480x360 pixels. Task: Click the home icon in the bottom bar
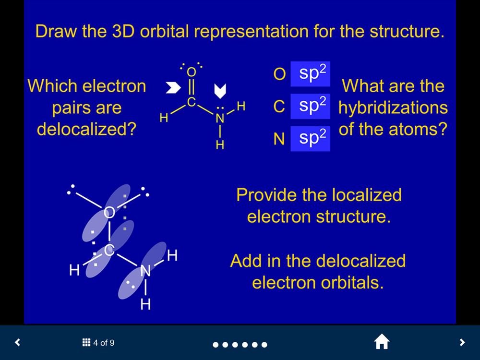[x=382, y=342]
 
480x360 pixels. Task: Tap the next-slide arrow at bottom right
[x=462, y=342]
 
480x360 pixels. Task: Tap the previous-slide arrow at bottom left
[x=18, y=342]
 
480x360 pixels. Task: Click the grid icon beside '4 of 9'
[x=86, y=343]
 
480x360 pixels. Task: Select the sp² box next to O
[x=311, y=74]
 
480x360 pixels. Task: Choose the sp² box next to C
[x=311, y=106]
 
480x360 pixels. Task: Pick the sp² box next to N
[x=311, y=139]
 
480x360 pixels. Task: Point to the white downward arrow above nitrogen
[x=220, y=91]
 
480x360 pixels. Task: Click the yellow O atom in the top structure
[x=192, y=72]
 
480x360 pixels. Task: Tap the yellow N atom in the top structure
[x=220, y=118]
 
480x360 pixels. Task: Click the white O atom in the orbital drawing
[x=109, y=212]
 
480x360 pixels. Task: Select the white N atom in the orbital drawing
[x=145, y=271]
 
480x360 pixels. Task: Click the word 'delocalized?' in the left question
[x=86, y=129]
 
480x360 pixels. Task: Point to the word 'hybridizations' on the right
[x=393, y=108]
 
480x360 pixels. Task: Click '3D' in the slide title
[x=123, y=31]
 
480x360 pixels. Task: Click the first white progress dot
[x=216, y=345]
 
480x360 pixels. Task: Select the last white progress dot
[x=264, y=345]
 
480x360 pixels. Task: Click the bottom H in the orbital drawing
[x=145, y=304]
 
